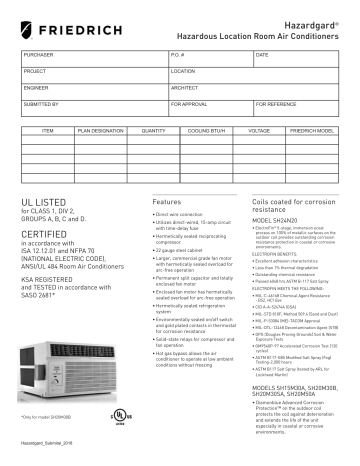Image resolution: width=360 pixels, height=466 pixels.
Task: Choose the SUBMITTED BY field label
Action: [41, 104]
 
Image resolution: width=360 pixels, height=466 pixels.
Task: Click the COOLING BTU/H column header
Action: [209, 131]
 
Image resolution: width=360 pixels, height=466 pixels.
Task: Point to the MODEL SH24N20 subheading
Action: [265, 228]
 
